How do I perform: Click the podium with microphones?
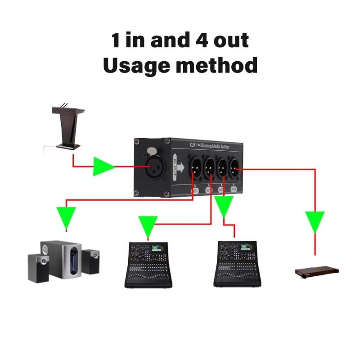68,126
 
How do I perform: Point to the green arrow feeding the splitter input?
103,167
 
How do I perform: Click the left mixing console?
148,265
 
